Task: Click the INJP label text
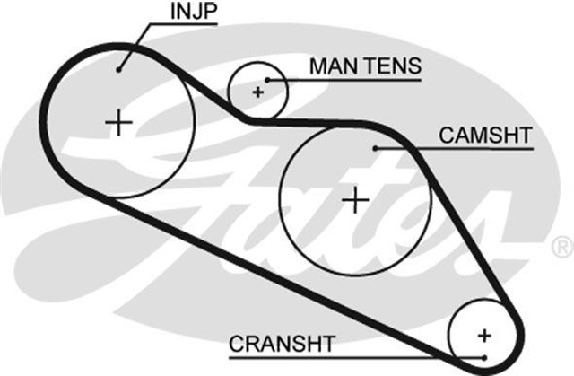[x=191, y=13]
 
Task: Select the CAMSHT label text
[x=485, y=136]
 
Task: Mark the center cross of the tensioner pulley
[x=258, y=91]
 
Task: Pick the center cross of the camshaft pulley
[x=356, y=198]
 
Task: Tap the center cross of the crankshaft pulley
[x=484, y=336]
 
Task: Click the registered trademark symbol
[x=561, y=243]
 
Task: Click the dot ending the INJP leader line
[x=120, y=67]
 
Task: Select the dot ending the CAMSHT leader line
[x=378, y=147]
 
